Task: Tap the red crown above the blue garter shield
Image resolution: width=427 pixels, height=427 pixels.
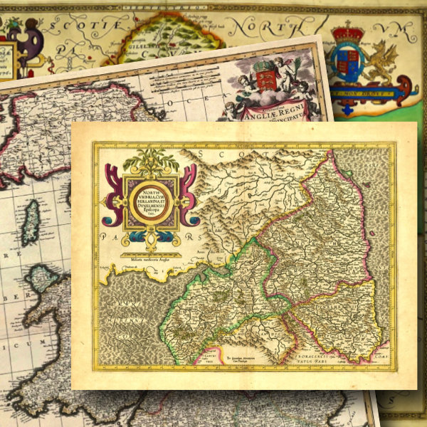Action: point(349,33)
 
